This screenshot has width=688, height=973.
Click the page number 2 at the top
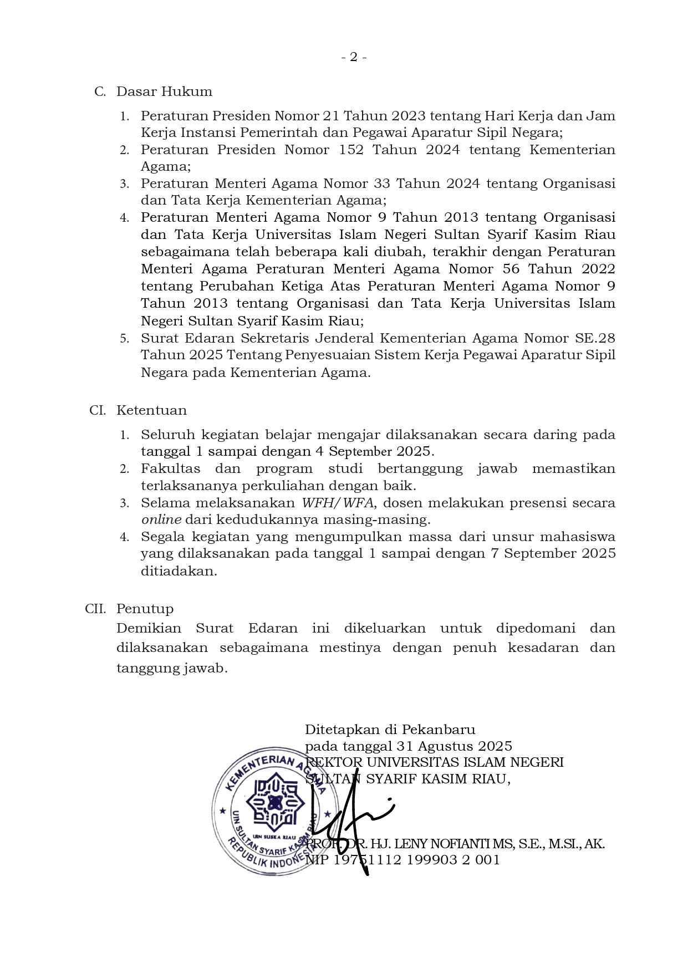tap(353, 57)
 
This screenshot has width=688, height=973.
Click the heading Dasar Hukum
tap(164, 91)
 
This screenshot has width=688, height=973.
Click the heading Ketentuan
tap(151, 410)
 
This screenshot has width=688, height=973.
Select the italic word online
tap(161, 520)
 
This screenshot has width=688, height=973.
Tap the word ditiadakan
tap(179, 571)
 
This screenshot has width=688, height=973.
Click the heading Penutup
tap(145, 609)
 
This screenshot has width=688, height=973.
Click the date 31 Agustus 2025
tap(454, 746)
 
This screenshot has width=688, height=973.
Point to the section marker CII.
tap(95, 609)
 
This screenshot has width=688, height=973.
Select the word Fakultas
tap(170, 468)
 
